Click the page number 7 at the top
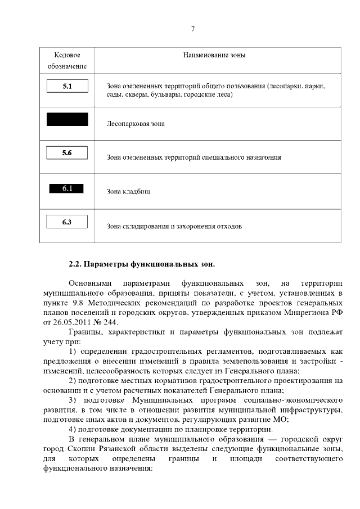pos(193,29)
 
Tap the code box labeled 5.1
pos(67,87)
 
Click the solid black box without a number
pos(67,119)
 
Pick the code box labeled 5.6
pos(67,152)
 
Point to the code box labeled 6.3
pos(67,222)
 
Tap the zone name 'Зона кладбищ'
pos(128,191)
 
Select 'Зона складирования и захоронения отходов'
pos(174,227)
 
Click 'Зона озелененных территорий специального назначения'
pos(193,157)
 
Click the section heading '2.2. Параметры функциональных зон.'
pos(142,263)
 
